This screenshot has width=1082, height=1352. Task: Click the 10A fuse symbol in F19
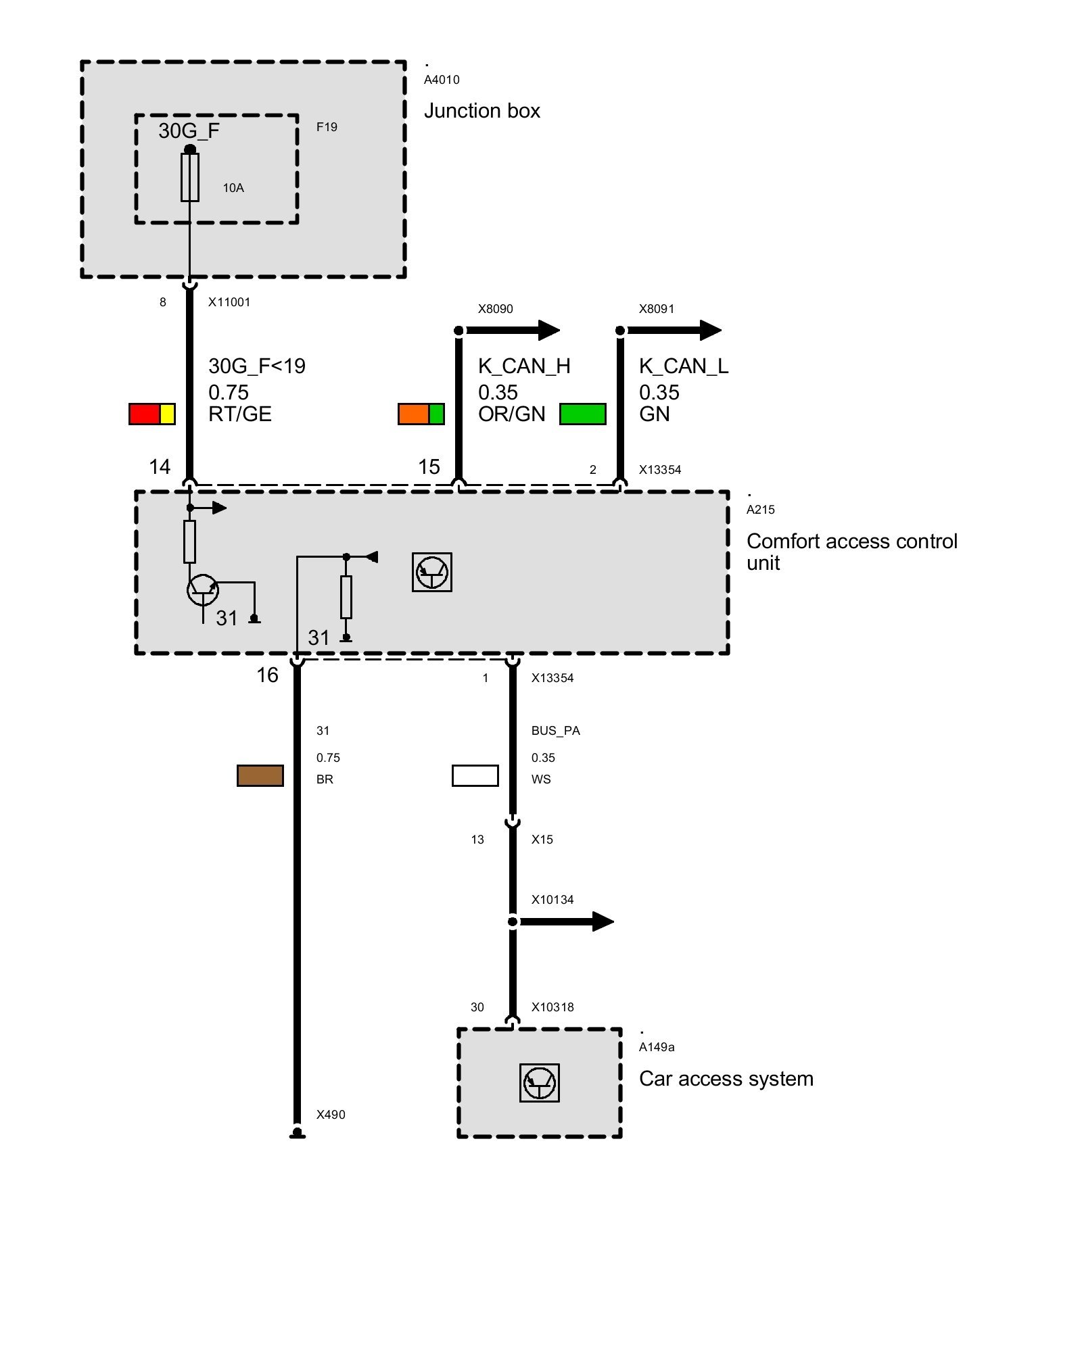190,177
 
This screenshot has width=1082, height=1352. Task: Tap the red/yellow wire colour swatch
152,414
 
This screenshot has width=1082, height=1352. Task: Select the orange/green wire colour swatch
421,414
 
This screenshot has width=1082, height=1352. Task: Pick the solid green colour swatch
583,414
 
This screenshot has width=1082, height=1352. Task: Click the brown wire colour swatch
260,775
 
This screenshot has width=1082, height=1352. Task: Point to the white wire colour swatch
475,775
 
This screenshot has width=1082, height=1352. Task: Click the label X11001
229,302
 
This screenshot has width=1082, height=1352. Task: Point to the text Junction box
481,111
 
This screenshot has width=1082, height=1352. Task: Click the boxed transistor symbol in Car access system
540,1083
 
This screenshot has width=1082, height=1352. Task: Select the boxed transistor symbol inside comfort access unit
432,573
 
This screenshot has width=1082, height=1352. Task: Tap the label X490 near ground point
331,1115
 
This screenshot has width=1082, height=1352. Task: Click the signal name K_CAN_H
524,366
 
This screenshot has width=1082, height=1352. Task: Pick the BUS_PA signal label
556,731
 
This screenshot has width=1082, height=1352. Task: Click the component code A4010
442,80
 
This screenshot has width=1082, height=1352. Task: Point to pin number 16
267,675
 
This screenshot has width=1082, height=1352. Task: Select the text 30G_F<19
257,366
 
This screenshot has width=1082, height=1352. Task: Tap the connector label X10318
552,1007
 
